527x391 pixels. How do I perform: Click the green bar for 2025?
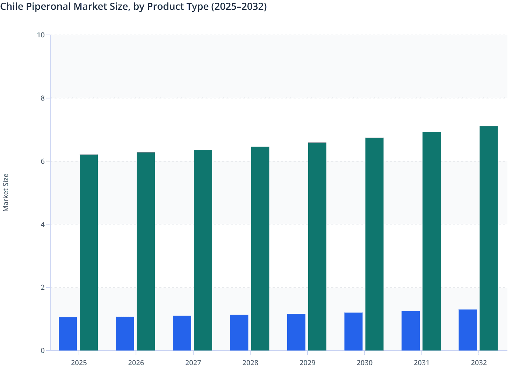(x=89, y=252)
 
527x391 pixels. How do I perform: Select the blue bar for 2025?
(x=68, y=334)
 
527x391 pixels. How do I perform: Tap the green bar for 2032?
(x=489, y=238)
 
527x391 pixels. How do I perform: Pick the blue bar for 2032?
(x=468, y=330)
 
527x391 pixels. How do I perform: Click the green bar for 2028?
(x=260, y=249)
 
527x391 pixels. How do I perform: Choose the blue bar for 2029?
(x=296, y=332)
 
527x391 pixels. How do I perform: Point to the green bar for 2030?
(x=374, y=244)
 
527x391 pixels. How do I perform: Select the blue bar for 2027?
(x=182, y=333)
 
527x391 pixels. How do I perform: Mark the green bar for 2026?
(x=146, y=251)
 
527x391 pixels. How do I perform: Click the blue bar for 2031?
(x=411, y=331)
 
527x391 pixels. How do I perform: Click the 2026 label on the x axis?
(x=136, y=363)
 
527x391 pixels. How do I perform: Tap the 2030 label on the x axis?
(x=364, y=363)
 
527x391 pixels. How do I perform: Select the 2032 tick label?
(x=479, y=363)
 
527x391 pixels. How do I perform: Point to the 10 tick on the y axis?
(x=41, y=35)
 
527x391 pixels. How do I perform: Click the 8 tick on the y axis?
(x=43, y=98)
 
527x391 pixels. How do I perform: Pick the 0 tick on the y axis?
(x=43, y=351)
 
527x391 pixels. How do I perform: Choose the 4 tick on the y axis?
(x=43, y=224)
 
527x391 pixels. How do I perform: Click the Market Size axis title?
(x=6, y=193)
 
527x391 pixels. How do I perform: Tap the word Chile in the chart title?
(x=12, y=6)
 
